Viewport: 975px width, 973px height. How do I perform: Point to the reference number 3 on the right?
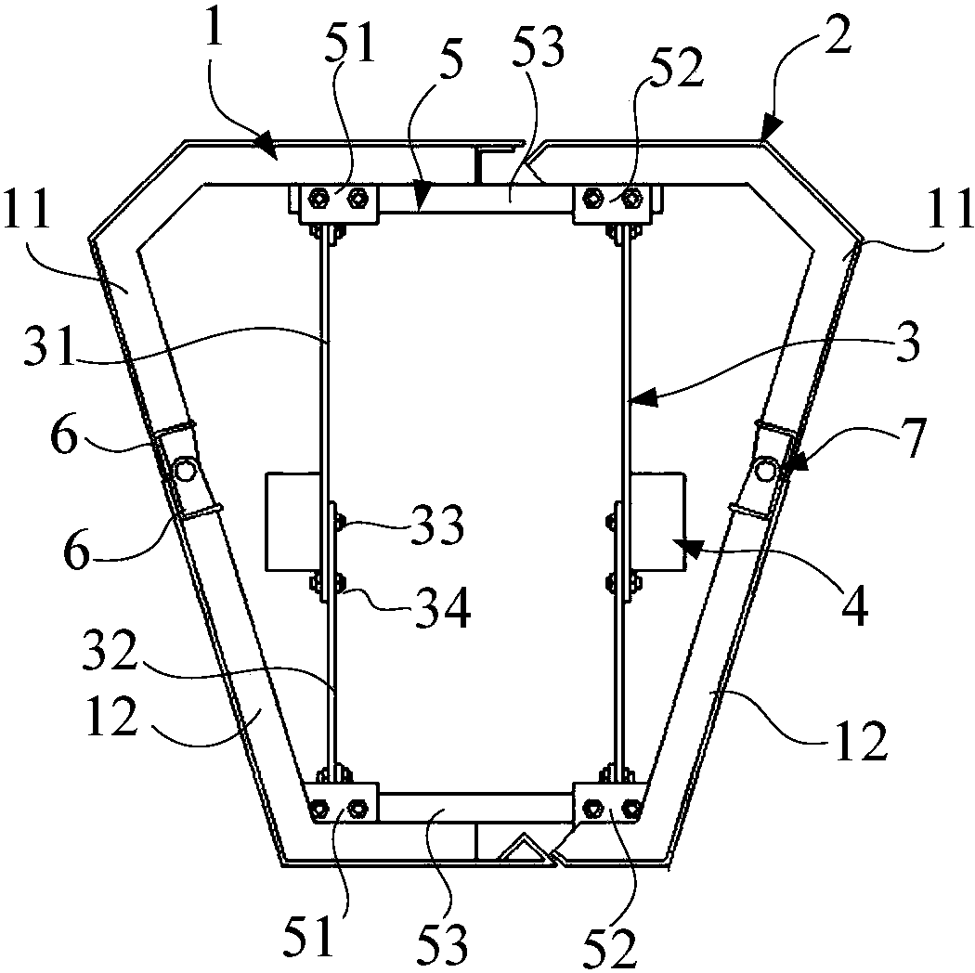pos(908,344)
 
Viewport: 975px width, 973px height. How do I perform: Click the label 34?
pos(443,607)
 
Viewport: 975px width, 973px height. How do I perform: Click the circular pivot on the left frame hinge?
pos(185,469)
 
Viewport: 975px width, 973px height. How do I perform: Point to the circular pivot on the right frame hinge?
pos(765,471)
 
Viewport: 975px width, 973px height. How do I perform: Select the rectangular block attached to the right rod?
pos(657,522)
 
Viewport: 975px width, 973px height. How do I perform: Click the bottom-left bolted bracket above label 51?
pos(342,802)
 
